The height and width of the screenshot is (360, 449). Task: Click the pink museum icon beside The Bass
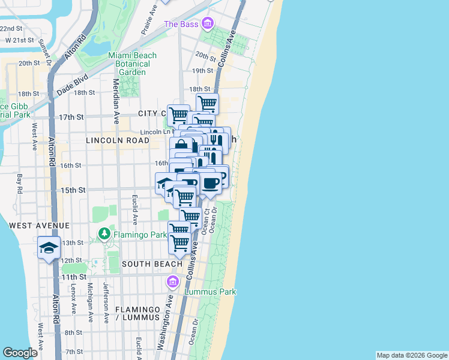208,24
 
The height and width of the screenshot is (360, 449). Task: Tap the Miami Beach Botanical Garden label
132,64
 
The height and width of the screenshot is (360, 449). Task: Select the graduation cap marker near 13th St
48,247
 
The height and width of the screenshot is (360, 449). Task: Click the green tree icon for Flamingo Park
105,233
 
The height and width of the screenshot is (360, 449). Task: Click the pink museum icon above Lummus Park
173,281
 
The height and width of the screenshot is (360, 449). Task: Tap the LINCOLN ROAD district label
117,140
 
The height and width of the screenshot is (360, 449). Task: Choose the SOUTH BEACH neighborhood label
152,264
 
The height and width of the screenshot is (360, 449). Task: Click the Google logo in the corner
20,353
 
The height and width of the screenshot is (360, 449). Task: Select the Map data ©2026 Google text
412,355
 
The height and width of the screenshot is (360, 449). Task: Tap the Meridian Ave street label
116,99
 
